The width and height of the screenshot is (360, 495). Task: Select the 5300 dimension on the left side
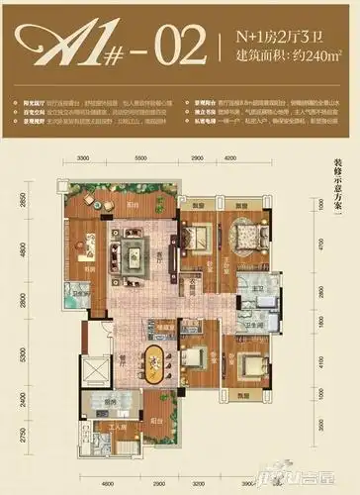[47, 353]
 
